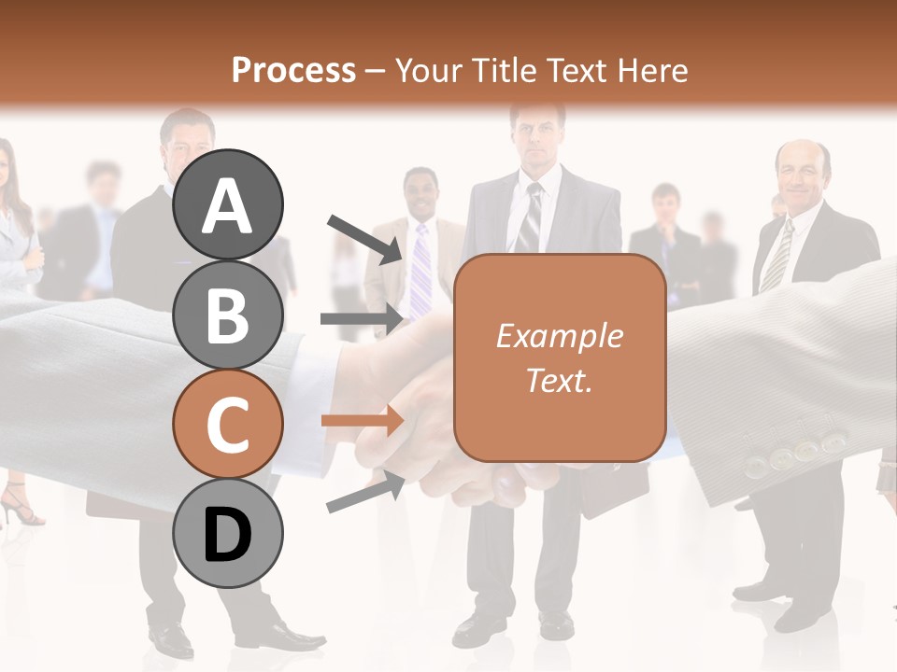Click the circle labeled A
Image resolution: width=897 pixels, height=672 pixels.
click(x=227, y=204)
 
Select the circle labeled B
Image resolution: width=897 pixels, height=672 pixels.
click(x=227, y=315)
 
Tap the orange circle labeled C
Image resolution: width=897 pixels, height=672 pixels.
click(x=227, y=424)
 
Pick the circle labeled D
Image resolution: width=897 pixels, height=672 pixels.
click(x=227, y=534)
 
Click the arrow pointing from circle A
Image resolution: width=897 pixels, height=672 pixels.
click(x=364, y=239)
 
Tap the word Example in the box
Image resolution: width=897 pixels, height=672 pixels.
click(x=559, y=336)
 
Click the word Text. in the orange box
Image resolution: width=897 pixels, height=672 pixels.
click(x=559, y=380)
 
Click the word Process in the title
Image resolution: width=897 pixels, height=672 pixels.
click(x=293, y=70)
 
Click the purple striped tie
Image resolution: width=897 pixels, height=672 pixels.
click(x=421, y=271)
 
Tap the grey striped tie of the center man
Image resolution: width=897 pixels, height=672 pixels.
click(x=530, y=218)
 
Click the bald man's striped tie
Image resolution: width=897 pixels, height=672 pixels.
click(x=776, y=256)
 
